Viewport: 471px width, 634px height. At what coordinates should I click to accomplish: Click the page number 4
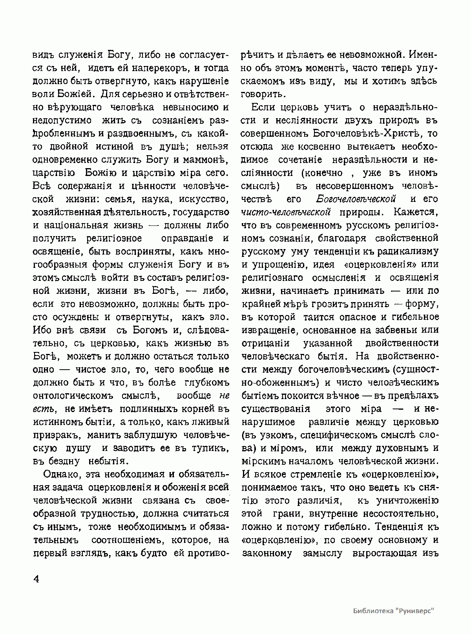[36, 580]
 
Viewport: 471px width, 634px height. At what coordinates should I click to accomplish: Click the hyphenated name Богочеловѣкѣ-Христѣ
[364, 134]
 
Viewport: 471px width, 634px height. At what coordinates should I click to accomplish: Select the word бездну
[63, 461]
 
